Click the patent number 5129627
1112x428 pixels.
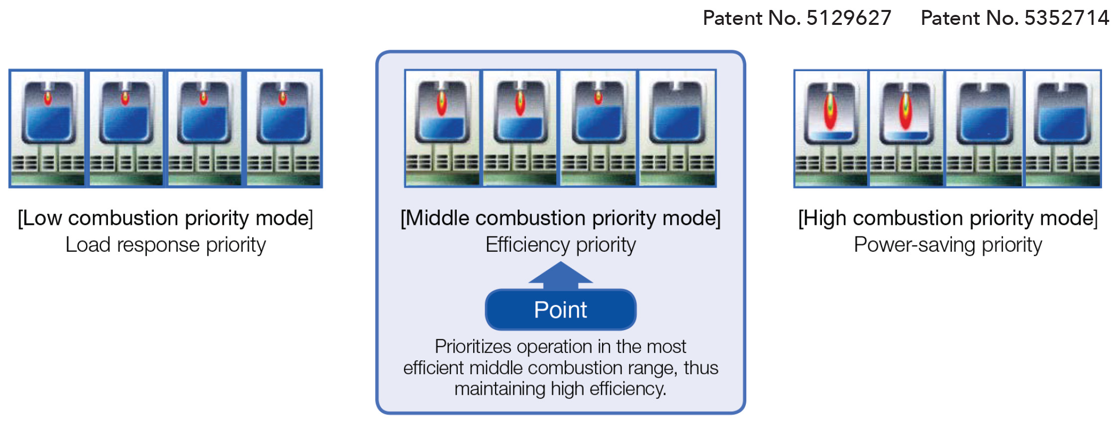click(848, 18)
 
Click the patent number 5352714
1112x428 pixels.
click(1067, 18)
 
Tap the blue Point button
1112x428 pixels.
click(561, 310)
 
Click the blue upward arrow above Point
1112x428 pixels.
click(561, 276)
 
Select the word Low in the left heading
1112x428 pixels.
click(42, 218)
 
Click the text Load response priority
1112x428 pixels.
click(166, 245)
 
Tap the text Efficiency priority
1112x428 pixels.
click(561, 245)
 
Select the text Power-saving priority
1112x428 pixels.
click(948, 245)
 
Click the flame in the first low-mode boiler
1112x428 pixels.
click(48, 98)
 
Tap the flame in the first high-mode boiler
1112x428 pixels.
click(830, 111)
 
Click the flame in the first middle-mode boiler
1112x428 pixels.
click(442, 103)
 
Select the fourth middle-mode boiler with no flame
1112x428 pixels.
click(678, 128)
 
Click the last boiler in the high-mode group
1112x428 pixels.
click(1063, 128)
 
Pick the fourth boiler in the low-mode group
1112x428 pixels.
click(284, 128)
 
